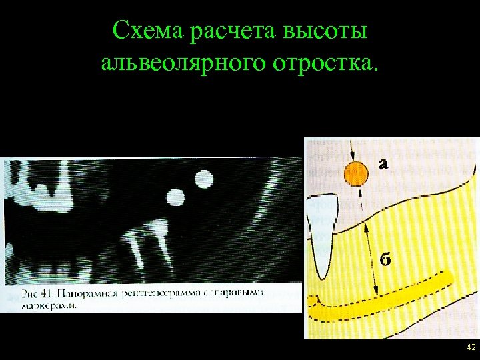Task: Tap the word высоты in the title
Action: (x=329, y=31)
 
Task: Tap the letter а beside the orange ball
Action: (x=385, y=163)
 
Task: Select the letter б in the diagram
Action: (x=386, y=259)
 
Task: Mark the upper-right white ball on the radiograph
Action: (x=203, y=179)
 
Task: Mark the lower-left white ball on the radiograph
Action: (x=175, y=197)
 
